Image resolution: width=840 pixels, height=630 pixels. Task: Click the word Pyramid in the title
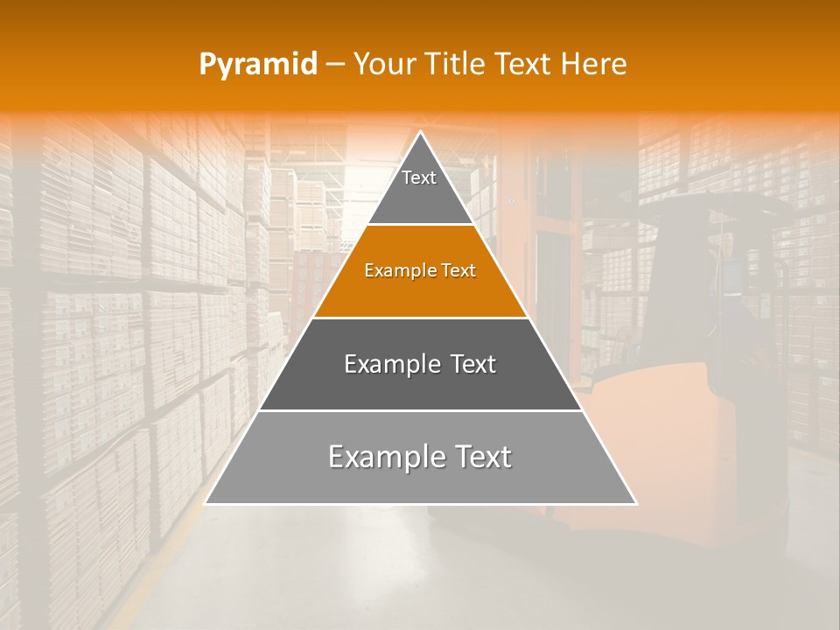258,65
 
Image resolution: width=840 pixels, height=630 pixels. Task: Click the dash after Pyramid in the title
335,65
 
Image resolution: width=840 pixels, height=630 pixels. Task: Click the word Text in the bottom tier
480,457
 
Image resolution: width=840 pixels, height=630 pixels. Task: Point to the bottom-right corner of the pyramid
635,503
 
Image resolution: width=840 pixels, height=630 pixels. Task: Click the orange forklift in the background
691,420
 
